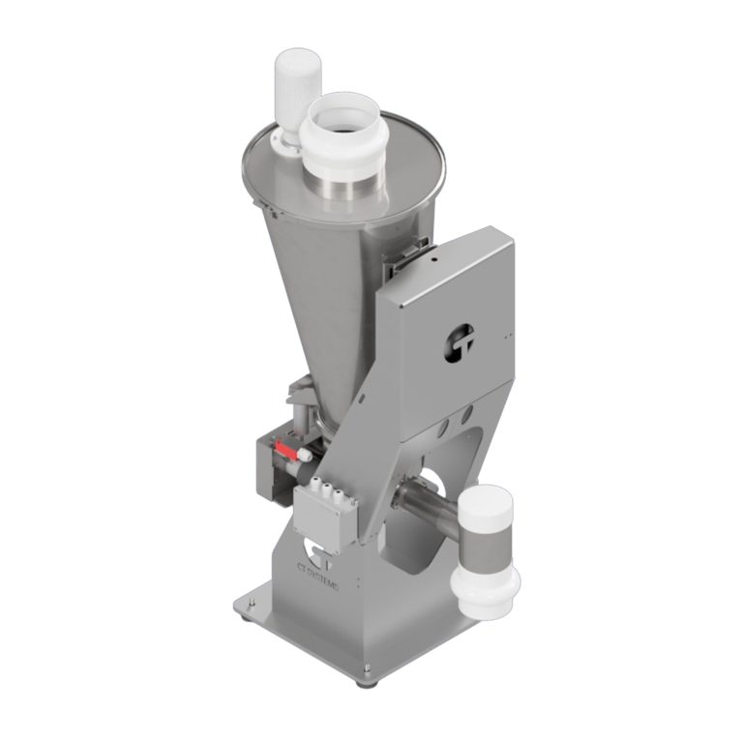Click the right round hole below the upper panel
pyautogui.click(x=469, y=414)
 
